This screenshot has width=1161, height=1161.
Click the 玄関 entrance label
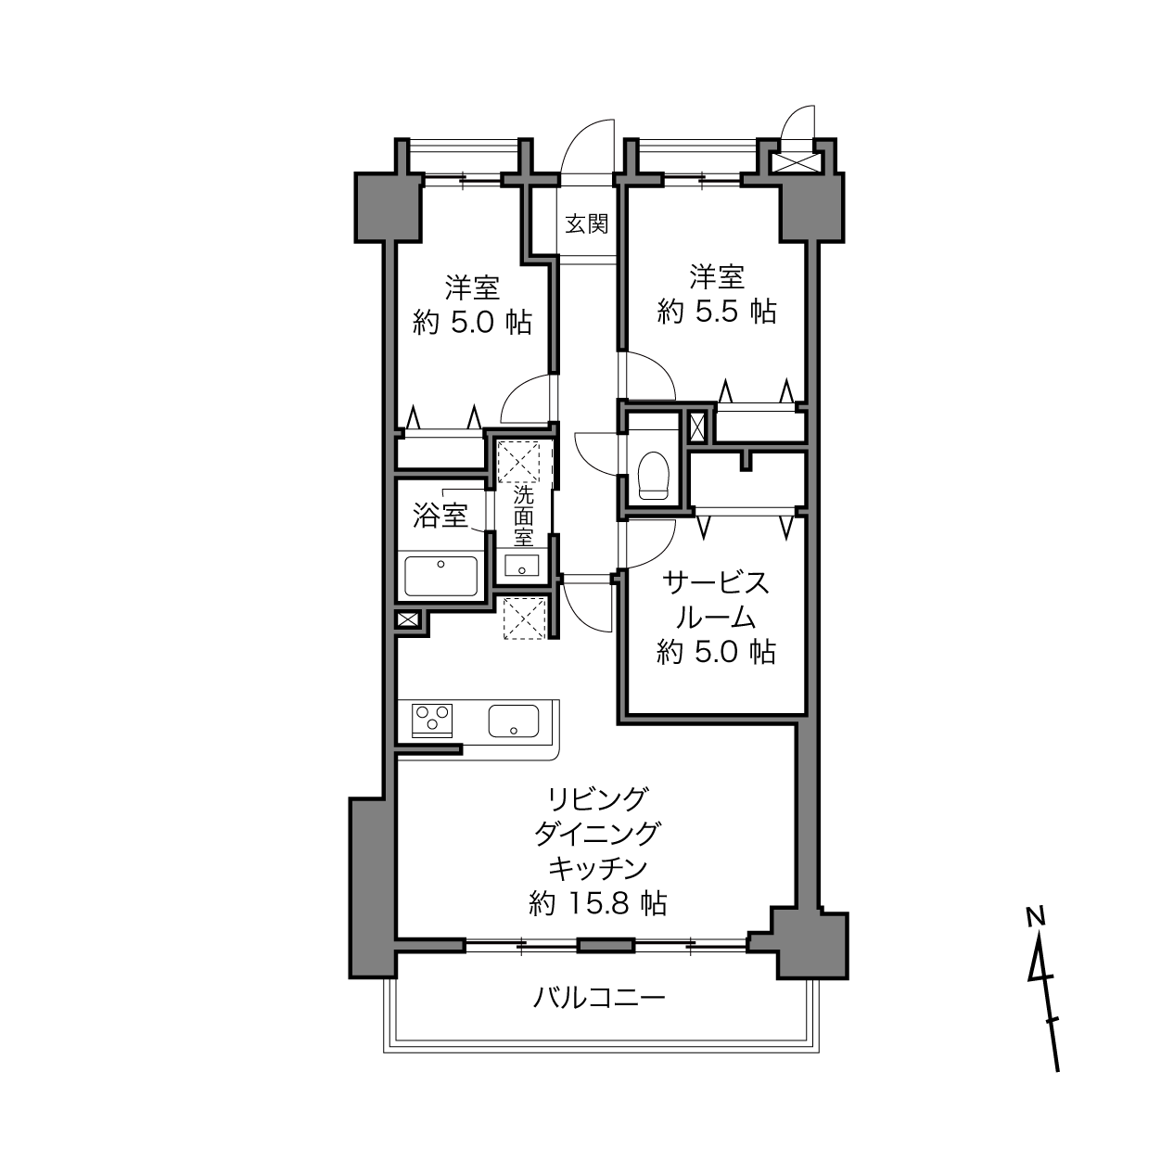click(586, 224)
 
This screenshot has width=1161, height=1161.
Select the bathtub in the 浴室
click(441, 576)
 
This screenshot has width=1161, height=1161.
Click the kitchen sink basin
click(514, 721)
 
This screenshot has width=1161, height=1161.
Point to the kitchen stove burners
click(431, 720)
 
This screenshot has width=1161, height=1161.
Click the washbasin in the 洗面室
click(522, 566)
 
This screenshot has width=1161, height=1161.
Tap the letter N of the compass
click(1036, 916)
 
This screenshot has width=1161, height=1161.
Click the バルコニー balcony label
click(599, 998)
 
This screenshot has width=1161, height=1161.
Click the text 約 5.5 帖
click(717, 312)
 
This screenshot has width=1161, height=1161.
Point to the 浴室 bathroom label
click(440, 516)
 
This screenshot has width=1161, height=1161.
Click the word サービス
click(717, 583)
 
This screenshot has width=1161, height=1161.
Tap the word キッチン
click(598, 869)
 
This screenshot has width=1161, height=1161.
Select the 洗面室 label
click(523, 516)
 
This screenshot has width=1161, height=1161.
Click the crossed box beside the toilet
click(696, 427)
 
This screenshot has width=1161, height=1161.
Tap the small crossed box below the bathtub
click(407, 619)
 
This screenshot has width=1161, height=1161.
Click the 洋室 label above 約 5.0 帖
click(472, 288)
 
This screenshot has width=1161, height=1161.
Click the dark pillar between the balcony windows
click(606, 945)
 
